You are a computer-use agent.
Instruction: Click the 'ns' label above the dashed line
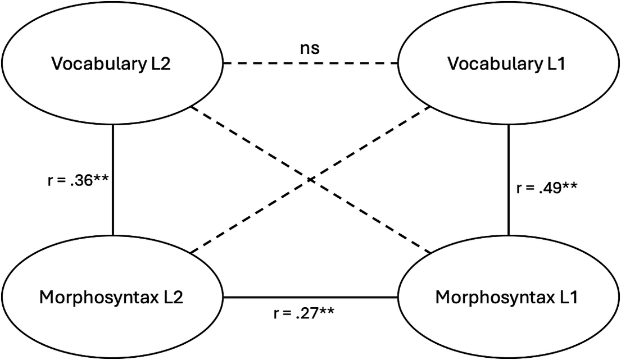pos(310,48)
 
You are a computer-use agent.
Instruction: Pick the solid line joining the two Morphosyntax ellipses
pos(310,298)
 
